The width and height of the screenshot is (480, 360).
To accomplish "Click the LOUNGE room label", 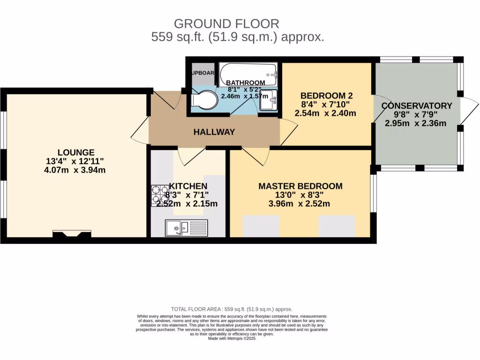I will [x=76, y=152].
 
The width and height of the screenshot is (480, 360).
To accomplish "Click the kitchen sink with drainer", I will [x=186, y=228].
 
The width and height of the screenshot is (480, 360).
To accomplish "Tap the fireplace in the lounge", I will [x=72, y=234].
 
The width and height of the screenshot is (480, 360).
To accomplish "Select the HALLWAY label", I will [x=214, y=132].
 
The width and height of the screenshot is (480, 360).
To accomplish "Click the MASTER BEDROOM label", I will [x=300, y=186].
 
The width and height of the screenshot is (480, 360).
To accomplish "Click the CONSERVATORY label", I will [x=417, y=106].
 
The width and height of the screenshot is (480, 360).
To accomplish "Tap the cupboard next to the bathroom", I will [x=202, y=73].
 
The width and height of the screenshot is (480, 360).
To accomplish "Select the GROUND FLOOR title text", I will [x=226, y=23].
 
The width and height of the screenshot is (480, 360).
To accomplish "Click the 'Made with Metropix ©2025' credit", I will [x=232, y=338].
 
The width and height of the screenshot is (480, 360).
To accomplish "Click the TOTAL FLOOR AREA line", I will [x=232, y=309].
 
